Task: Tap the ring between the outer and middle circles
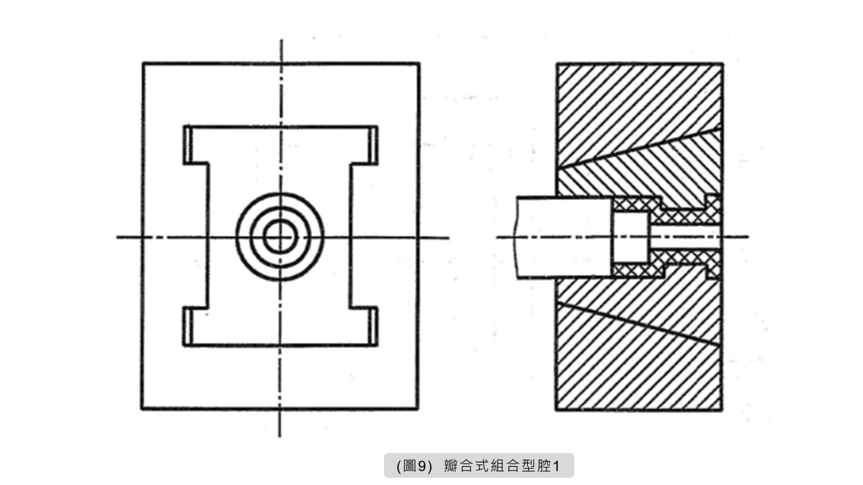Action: [244, 237]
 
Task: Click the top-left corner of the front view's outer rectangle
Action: [143, 63]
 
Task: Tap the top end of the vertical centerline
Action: [281, 40]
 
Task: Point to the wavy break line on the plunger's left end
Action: [516, 237]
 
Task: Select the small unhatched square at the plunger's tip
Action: [630, 237]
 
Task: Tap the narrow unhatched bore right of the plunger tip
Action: [684, 237]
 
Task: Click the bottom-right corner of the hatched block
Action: [721, 409]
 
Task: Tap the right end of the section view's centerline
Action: [748, 237]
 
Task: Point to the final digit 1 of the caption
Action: [556, 466]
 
